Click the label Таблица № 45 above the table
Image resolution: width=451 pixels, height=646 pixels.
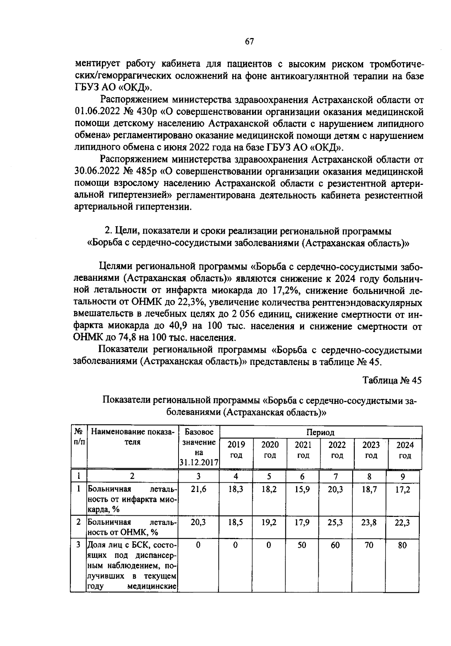(x=392, y=380)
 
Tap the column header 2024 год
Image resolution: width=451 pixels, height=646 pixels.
(x=405, y=450)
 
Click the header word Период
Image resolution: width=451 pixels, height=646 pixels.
(x=320, y=433)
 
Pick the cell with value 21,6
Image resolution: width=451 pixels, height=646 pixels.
(x=198, y=489)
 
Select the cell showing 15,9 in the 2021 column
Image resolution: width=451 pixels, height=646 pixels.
(x=302, y=489)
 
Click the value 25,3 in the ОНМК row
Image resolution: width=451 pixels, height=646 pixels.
(x=335, y=522)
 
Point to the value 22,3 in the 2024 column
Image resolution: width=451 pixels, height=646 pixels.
(x=402, y=522)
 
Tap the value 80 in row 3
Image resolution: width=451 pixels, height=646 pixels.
(x=402, y=545)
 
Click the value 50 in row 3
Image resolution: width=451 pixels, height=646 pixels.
(x=302, y=545)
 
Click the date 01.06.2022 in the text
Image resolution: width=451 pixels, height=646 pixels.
(x=96, y=112)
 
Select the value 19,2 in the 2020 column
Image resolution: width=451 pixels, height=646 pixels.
(x=269, y=522)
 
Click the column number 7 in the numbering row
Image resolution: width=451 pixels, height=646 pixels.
(x=336, y=476)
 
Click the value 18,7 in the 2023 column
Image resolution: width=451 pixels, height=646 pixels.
(x=369, y=489)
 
